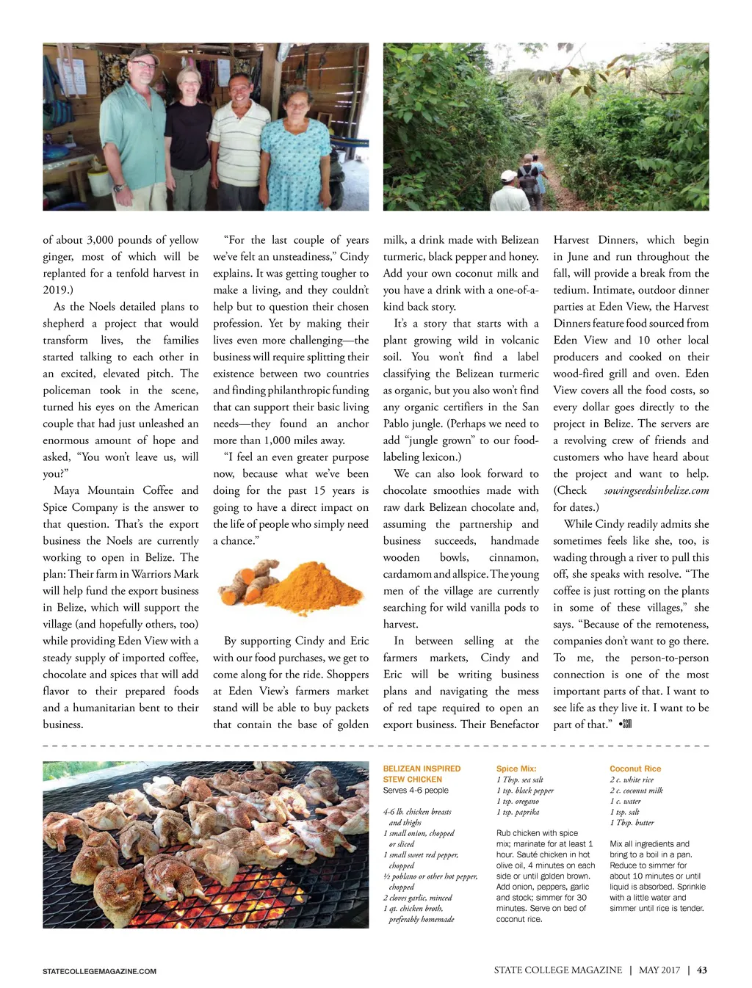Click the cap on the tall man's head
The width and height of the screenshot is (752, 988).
point(143,57)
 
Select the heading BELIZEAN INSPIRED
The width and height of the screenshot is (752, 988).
point(422,769)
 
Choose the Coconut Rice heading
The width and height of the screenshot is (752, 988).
point(635,769)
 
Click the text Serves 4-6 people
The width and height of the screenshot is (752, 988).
point(416,791)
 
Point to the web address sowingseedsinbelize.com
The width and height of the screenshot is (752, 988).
point(657,490)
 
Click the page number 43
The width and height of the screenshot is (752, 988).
point(702,970)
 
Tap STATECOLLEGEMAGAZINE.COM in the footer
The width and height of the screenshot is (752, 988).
point(99,971)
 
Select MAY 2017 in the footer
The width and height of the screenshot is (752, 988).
point(659,970)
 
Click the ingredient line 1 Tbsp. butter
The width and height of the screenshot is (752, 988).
point(632,823)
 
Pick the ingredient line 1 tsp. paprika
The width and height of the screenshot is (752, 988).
point(518,812)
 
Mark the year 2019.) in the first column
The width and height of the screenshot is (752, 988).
point(58,290)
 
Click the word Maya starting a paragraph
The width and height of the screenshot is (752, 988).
point(68,490)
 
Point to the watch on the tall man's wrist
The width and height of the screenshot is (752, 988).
point(117,188)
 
